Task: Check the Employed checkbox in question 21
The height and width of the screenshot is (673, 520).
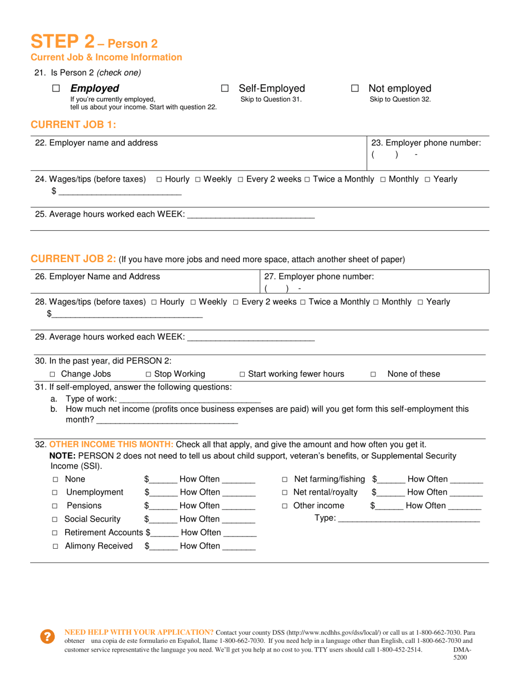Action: (x=56, y=89)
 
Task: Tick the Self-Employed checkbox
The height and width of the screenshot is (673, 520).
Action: (x=224, y=89)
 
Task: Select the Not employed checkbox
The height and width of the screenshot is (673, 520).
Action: (x=355, y=89)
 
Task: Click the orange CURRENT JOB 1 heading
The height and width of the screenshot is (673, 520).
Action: (x=73, y=125)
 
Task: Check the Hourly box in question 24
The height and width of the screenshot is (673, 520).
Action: (x=159, y=179)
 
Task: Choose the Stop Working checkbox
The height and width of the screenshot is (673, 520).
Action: (x=148, y=375)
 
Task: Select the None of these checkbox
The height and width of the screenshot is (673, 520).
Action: (x=373, y=375)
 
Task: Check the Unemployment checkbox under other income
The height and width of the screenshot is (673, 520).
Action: (x=55, y=493)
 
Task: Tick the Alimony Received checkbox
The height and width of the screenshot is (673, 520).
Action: (x=55, y=547)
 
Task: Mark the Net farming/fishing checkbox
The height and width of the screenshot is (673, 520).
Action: (x=285, y=480)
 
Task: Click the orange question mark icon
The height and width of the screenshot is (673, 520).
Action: (x=48, y=636)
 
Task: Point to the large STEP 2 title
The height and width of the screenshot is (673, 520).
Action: (x=62, y=42)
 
